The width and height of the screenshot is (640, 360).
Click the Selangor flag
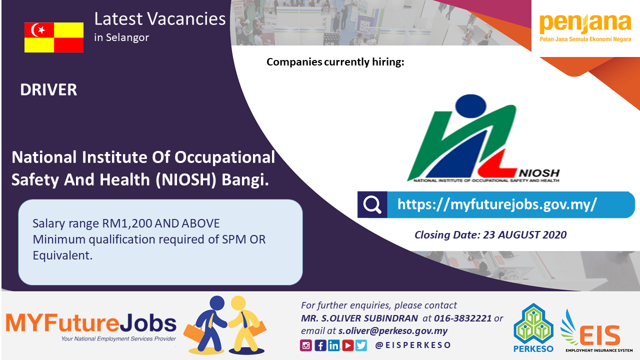click(x=54, y=37)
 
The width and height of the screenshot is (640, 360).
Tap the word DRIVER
click(x=48, y=89)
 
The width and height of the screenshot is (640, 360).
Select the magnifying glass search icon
click(x=372, y=204)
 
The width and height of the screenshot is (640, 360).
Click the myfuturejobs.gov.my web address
click(x=497, y=204)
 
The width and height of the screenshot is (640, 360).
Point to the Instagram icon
click(x=305, y=345)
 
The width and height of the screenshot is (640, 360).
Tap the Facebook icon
click(x=320, y=345)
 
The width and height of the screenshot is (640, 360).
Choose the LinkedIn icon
click(x=333, y=345)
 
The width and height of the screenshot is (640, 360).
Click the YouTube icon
click(x=347, y=345)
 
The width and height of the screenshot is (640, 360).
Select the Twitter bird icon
click(x=361, y=345)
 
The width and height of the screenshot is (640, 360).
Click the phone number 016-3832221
click(x=463, y=318)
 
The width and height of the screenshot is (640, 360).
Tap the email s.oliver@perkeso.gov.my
click(x=393, y=331)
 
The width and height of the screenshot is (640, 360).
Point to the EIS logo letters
click(x=600, y=336)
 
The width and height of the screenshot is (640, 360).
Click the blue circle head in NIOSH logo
click(x=470, y=105)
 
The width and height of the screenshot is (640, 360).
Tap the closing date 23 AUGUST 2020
click(x=525, y=235)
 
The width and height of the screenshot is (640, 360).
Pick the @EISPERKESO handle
click(x=413, y=345)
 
